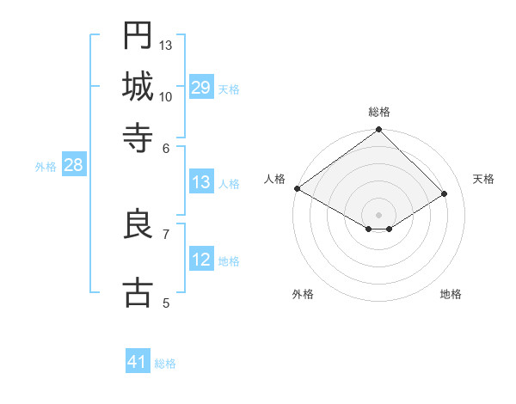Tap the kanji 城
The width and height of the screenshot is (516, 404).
(138, 86)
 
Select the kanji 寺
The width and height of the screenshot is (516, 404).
(138, 137)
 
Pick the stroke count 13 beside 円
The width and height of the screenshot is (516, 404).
(166, 45)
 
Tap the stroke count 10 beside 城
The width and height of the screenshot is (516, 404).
(166, 96)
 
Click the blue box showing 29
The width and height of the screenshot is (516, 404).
(200, 88)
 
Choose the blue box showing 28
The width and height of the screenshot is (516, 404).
(73, 166)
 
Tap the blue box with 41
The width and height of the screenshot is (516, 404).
(138, 362)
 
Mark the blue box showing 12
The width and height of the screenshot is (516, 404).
(200, 260)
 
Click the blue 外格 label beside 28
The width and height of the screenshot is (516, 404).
(46, 167)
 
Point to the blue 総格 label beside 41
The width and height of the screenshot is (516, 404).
(165, 363)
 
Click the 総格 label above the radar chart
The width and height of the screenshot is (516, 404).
(379, 112)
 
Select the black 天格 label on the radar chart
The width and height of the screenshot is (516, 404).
(484, 179)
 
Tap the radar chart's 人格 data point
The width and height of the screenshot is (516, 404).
(297, 188)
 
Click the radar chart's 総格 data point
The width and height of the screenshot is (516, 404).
(378, 130)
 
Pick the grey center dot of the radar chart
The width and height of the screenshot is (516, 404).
(378, 213)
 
